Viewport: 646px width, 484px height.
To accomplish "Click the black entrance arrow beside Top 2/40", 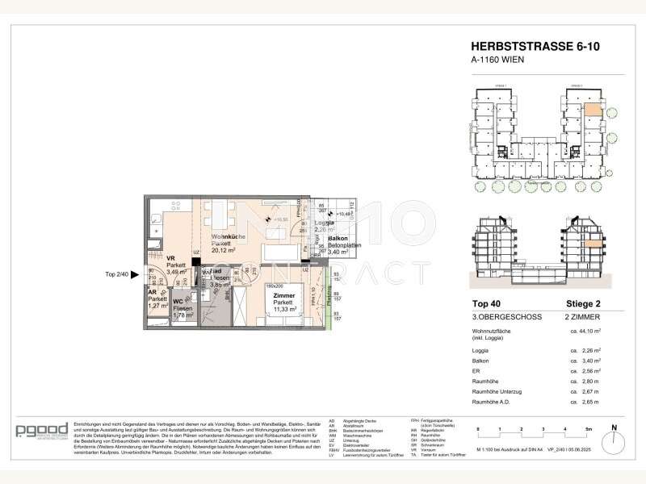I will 141,273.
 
